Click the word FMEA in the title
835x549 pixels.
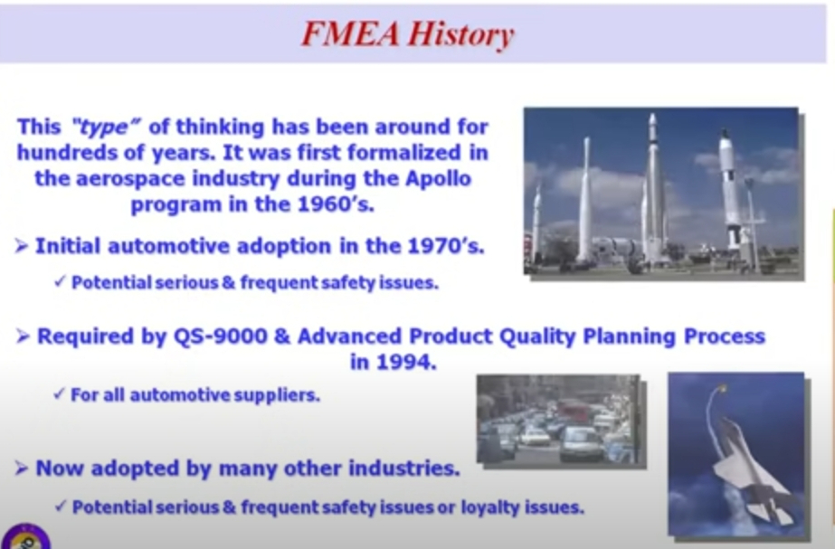click(350, 33)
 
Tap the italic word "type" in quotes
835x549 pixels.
click(106, 128)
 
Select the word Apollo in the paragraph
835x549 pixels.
click(438, 178)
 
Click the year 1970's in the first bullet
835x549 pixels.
click(446, 245)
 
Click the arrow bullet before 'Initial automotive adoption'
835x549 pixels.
click(22, 246)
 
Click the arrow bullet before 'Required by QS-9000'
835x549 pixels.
click(23, 336)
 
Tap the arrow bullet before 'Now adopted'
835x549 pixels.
click(22, 469)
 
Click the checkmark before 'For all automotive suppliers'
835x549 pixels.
click(59, 393)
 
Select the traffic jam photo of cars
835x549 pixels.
click(558, 419)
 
